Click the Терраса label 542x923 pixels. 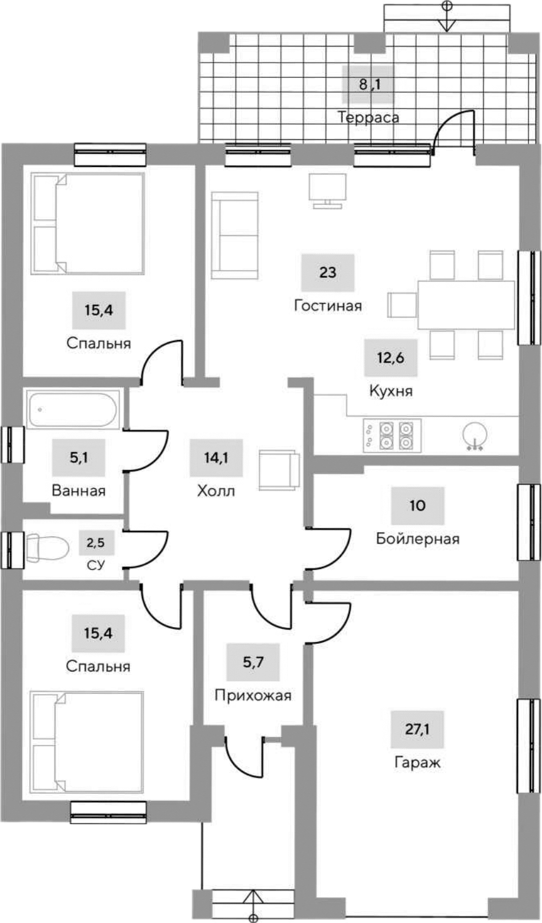coord(368,117)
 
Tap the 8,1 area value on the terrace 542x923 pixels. coord(369,84)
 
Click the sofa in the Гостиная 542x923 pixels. coord(234,234)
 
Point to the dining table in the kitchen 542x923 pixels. coord(466,305)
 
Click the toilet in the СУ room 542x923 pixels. coord(48,548)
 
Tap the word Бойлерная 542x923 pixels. coord(418,539)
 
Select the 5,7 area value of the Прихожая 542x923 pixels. coord(253,662)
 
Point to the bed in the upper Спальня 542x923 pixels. coord(88,223)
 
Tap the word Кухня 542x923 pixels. coord(391,391)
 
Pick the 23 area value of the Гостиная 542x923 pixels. coord(328,272)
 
